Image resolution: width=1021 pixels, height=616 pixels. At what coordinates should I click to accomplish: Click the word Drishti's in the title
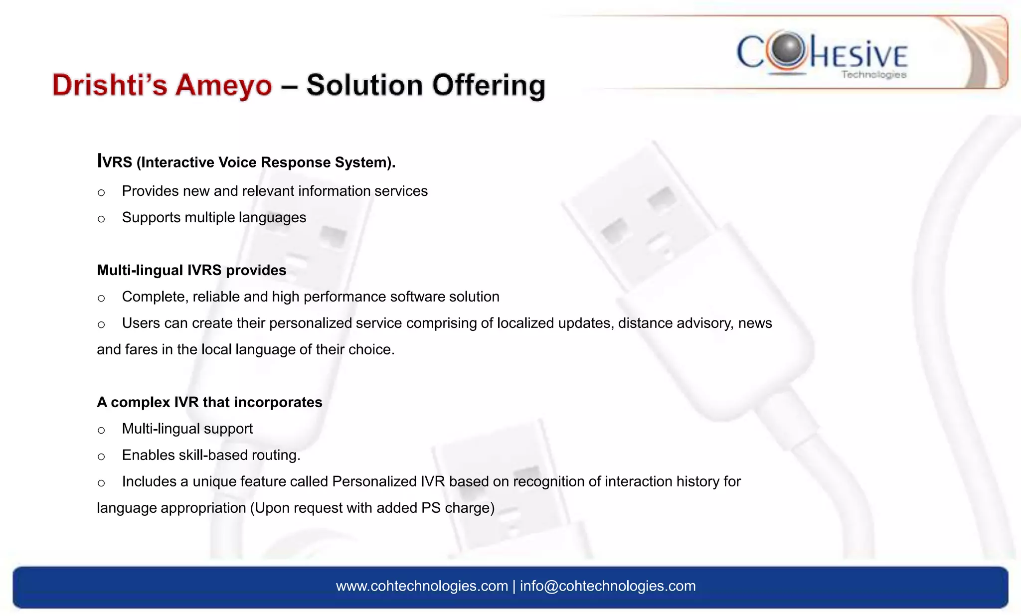[110, 85]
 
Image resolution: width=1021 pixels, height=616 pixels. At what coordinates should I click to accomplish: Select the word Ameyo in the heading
[224, 85]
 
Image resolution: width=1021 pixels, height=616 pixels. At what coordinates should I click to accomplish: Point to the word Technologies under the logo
[873, 75]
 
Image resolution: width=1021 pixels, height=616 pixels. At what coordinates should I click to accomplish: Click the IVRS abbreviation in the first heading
[115, 162]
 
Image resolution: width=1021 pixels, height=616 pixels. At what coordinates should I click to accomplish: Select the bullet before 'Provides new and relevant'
[101, 193]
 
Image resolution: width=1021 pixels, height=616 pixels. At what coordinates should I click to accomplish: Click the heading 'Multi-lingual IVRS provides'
[191, 270]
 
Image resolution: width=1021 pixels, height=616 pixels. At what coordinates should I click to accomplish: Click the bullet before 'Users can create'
[101, 325]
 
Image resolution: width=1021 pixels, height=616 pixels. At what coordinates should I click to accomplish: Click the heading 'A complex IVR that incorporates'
[209, 402]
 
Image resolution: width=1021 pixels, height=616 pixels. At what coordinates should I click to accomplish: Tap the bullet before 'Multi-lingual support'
[101, 431]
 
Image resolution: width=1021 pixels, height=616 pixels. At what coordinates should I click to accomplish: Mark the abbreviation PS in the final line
[431, 508]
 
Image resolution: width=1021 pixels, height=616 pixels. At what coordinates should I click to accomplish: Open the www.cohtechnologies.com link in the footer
[422, 586]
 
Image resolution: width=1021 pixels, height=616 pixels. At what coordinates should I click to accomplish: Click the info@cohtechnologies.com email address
[608, 586]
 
